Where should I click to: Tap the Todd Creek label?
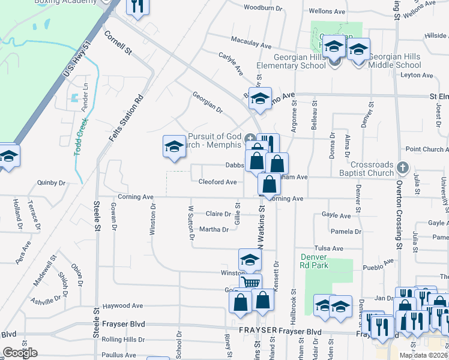(80, 137)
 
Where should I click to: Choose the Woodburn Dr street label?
(263, 8)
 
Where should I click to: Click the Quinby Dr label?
(51, 182)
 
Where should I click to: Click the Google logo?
(20, 352)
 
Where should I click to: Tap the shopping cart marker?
(251, 282)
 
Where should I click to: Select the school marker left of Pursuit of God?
(174, 146)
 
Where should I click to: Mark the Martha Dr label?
(214, 229)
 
